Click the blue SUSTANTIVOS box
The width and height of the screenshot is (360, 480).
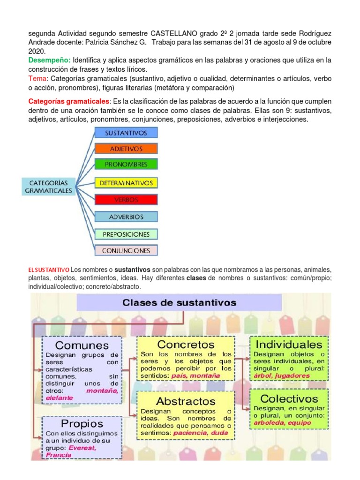pos(126,133)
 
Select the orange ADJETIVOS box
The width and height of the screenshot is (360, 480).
pos(126,149)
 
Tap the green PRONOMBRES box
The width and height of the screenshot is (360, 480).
pos(126,165)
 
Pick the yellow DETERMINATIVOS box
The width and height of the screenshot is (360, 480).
pos(126,183)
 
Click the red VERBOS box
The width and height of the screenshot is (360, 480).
pos(126,200)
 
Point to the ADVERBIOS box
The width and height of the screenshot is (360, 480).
pos(126,217)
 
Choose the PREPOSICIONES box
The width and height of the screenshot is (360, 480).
pos(126,234)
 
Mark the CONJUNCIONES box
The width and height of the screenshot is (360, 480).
pos(126,250)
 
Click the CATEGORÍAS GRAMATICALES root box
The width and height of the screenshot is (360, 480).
pos(49,187)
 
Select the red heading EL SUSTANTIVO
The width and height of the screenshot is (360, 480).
pos(49,270)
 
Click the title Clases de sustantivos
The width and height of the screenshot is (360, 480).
pos(180,303)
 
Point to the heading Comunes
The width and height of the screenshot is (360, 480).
pos(82,345)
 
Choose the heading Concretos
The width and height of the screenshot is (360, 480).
pos(186,345)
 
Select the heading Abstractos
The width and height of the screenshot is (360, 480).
pos(186,401)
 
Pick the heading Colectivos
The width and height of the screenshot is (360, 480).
pos(289,399)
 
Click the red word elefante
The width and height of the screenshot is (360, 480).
pos(60,398)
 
